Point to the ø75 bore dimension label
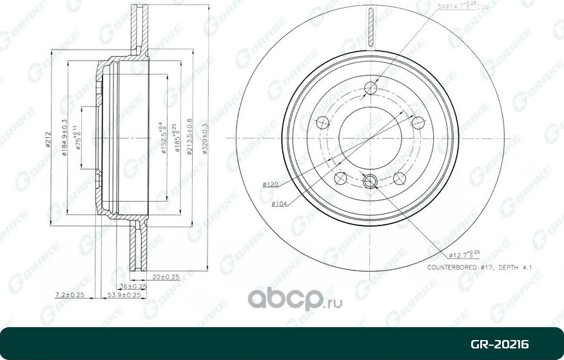click(78, 138)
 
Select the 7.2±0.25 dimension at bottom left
click(70, 294)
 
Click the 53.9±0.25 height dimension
click(124, 294)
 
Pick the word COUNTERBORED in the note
click(452, 267)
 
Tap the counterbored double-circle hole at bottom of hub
click(370, 183)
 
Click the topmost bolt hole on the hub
click(370, 89)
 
